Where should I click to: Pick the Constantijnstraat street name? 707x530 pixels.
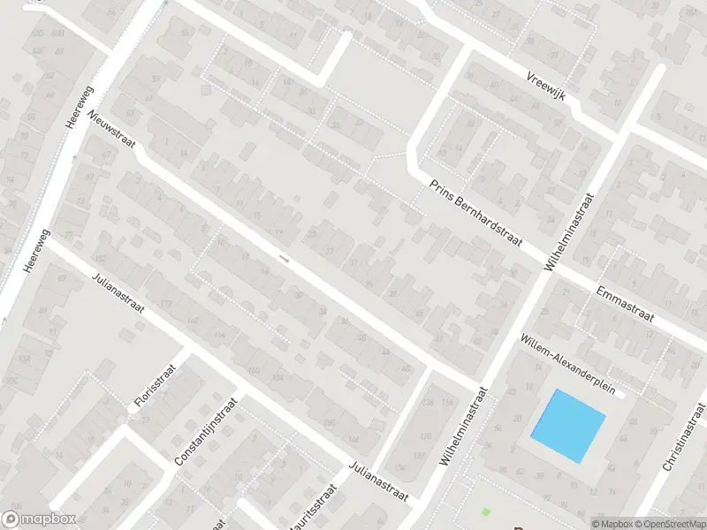[199, 432]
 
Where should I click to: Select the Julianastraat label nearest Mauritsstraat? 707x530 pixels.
[378, 483]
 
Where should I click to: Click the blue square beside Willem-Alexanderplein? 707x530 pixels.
[568, 426]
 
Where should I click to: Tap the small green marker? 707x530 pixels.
[484, 511]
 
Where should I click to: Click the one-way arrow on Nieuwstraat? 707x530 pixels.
[284, 259]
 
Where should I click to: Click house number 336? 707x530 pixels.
[430, 402]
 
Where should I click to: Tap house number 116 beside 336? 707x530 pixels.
[446, 404]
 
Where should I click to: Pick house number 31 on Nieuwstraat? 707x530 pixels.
[354, 263]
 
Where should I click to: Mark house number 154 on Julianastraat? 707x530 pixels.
[279, 378]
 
